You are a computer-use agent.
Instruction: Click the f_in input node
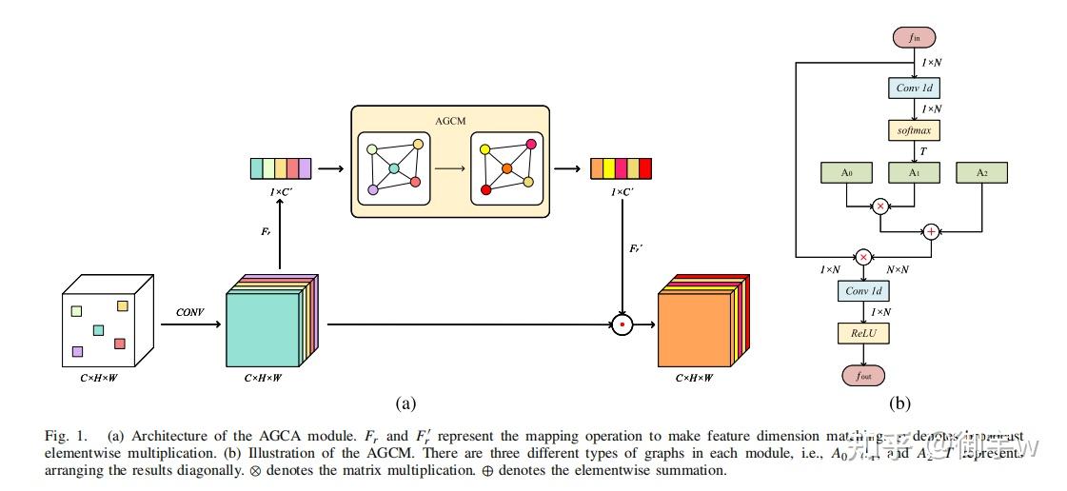[914, 38]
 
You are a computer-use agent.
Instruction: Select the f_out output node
[863, 375]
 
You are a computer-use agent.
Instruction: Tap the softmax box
[914, 128]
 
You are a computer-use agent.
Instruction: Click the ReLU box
[863, 333]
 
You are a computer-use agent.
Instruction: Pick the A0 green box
[846, 172]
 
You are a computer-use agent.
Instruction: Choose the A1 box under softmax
[914, 172]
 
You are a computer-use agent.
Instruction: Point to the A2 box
[981, 172]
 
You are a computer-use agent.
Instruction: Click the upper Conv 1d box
[914, 88]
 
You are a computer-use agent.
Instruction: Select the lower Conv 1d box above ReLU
[863, 291]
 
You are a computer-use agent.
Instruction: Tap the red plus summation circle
[931, 231]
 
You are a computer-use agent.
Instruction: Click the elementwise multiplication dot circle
[622, 324]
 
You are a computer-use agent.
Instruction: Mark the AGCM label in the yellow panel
[449, 121]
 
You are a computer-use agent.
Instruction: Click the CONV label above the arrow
[190, 312]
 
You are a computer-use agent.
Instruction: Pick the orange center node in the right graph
[507, 169]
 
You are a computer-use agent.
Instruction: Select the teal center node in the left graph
[393, 169]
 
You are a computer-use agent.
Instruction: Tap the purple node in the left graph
[372, 190]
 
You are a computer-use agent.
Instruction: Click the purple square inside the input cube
[77, 352]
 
